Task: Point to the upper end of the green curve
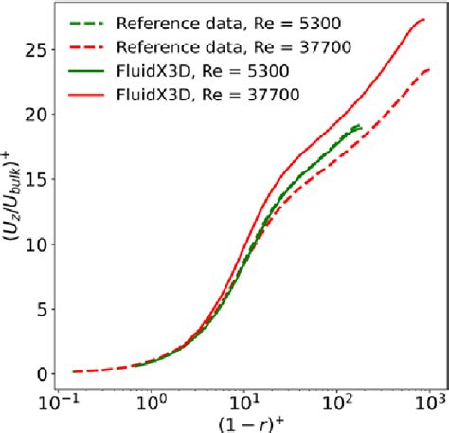pos(360,126)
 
